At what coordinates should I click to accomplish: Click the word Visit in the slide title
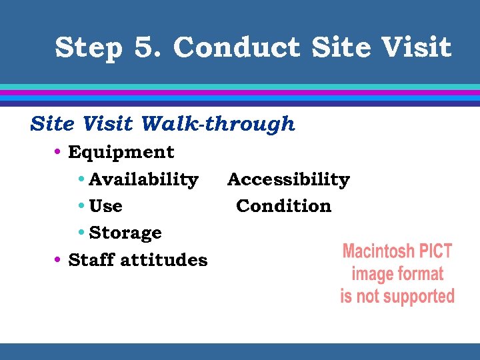[x=417, y=47]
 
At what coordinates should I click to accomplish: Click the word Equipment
[x=121, y=153]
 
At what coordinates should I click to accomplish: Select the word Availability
[x=143, y=179]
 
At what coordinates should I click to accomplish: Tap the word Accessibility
[x=288, y=179]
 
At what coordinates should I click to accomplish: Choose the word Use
[x=105, y=206]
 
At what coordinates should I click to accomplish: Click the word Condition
[x=283, y=206]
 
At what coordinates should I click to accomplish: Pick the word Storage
[x=125, y=233]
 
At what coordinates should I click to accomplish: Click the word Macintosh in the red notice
[x=374, y=252]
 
